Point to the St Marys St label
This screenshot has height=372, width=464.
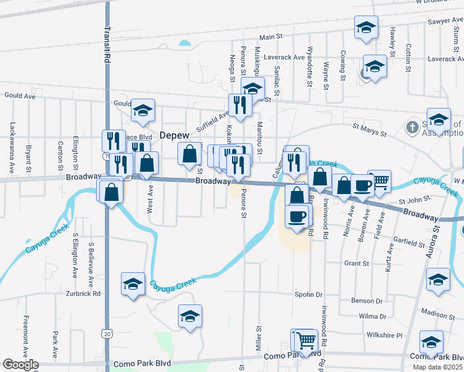(x=369, y=133)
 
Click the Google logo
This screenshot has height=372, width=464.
(x=20, y=365)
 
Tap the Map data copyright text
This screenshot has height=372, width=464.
(x=437, y=367)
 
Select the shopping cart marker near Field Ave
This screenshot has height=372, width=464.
(x=380, y=181)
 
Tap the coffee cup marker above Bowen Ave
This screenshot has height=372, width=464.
(x=362, y=185)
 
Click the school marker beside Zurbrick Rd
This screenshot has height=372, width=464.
(x=133, y=284)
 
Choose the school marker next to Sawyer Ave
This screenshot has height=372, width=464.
(x=366, y=27)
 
